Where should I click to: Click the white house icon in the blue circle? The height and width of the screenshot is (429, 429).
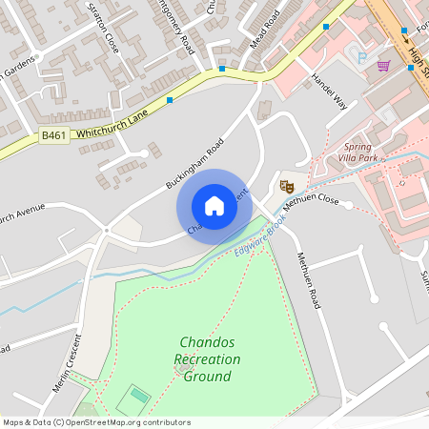tap(214, 206)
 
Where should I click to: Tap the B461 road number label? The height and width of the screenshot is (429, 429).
tap(53, 137)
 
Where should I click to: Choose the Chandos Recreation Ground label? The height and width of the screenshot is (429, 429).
tap(207, 358)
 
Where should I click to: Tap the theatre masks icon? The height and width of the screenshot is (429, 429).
tap(284, 185)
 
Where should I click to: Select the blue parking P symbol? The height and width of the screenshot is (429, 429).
tap(361, 58)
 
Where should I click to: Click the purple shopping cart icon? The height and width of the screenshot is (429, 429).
tap(383, 66)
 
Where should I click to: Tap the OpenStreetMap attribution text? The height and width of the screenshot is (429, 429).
tap(96, 422)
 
